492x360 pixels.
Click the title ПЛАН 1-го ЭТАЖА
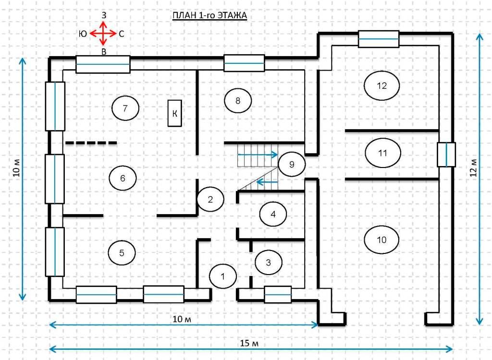tap(209, 15)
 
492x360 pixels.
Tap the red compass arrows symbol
tap(103, 33)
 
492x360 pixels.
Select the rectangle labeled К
tap(174, 113)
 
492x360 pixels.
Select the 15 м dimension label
tap(249, 343)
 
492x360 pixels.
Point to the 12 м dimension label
tap(474, 168)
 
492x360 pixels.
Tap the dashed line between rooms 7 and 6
tap(91, 143)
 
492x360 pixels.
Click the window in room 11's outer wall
tap(446, 155)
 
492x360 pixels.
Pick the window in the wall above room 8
tap(244, 63)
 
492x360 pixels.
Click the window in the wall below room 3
tap(278, 294)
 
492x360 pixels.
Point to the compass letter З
tap(104, 15)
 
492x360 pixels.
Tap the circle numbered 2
tap(210, 199)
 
